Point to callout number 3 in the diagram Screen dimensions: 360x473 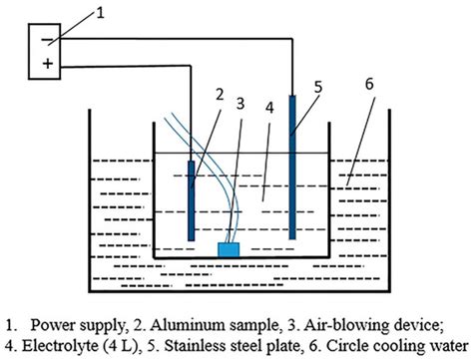pos(239,102)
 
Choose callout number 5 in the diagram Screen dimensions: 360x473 pos(318,86)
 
